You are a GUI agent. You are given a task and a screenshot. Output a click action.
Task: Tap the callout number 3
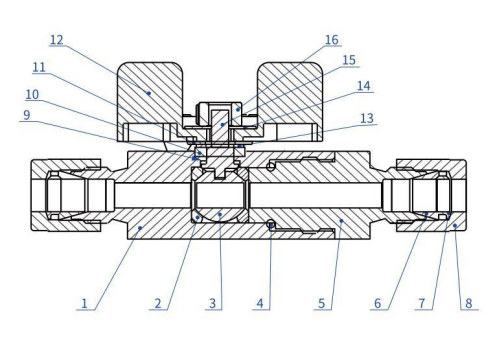[x=211, y=300]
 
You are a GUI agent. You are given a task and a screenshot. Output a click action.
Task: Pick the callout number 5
[x=320, y=300]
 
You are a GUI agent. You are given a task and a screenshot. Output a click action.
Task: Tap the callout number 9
[x=28, y=114]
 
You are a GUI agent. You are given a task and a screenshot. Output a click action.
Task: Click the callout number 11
[x=39, y=67]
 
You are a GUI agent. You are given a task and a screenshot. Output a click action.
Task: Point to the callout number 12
[x=57, y=39]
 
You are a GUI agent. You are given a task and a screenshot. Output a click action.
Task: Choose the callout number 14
[x=363, y=86]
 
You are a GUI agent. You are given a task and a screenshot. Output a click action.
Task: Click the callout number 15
[x=349, y=61]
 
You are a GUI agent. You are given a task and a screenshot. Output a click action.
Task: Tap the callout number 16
[x=331, y=40]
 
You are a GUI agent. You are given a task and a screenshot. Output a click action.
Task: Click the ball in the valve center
[x=219, y=195]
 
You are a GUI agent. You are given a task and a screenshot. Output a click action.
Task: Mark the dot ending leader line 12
[x=150, y=92]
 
